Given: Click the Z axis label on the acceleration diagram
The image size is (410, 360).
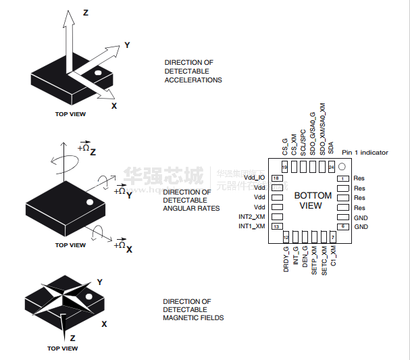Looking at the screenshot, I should [x=85, y=13].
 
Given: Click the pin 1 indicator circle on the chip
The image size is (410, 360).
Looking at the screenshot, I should [x=342, y=167].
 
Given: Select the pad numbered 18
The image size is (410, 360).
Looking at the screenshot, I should [x=276, y=178].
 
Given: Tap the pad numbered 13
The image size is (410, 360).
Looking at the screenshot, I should [x=276, y=226].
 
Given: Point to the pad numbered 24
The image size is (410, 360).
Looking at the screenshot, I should [x=332, y=167].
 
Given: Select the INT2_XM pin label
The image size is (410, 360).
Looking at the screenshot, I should [x=251, y=217].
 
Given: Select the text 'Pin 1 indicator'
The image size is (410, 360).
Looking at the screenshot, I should [x=365, y=153].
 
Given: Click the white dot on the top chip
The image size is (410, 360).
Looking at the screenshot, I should [x=97, y=72].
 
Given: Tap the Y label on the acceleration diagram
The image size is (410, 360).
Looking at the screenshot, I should [x=127, y=45].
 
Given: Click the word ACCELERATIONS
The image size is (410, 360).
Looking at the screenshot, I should [x=193, y=80].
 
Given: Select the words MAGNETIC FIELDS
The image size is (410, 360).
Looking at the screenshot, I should [x=193, y=317].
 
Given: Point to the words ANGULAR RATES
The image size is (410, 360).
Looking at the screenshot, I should [x=191, y=208].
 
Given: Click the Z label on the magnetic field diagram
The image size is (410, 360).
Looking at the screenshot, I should [x=72, y=337].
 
